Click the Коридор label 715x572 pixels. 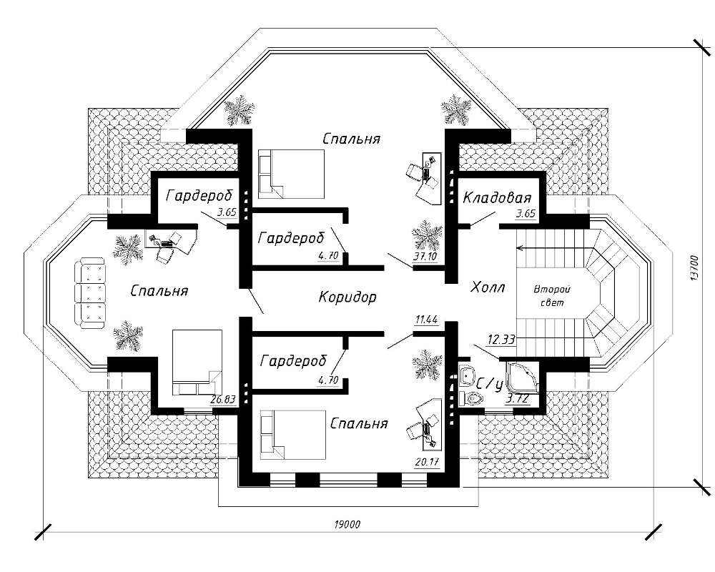point(347,297)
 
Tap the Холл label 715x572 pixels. point(488,288)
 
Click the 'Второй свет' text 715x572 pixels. point(553,296)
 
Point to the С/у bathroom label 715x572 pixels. point(490,384)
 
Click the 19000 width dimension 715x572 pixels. point(347,525)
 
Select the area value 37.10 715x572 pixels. point(425,256)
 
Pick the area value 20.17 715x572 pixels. point(426,461)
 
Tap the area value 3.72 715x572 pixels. point(517,398)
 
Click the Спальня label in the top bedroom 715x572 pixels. point(350,138)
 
